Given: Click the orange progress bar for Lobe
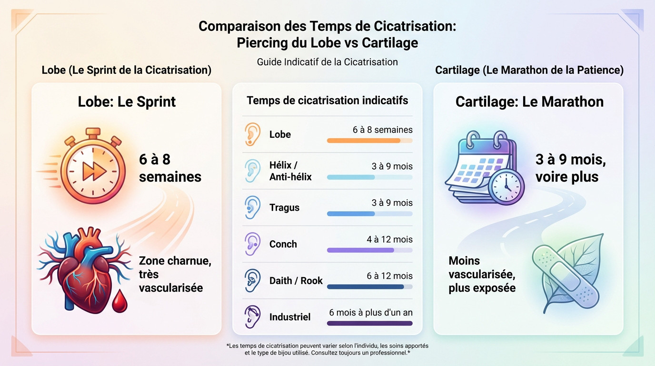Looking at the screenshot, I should (x=364, y=141).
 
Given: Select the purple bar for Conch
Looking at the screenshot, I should (x=360, y=250).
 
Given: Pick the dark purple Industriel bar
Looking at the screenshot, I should (x=369, y=323).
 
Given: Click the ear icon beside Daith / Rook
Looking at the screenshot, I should (x=252, y=280).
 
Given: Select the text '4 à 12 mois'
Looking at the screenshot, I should (x=389, y=239).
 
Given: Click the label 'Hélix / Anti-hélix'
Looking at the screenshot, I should (x=290, y=171).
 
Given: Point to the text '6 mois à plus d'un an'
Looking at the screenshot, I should (x=370, y=313).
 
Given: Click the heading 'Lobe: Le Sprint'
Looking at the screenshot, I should (x=127, y=102).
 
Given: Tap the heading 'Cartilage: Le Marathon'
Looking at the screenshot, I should (x=529, y=102).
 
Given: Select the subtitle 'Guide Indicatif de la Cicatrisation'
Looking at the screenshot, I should (x=327, y=62).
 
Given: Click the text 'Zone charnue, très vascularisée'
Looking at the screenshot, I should (x=175, y=274).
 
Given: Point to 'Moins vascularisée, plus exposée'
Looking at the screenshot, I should (x=482, y=274).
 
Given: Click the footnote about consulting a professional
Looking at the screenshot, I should (x=327, y=349).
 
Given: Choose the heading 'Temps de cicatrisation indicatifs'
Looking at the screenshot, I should (x=327, y=101).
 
